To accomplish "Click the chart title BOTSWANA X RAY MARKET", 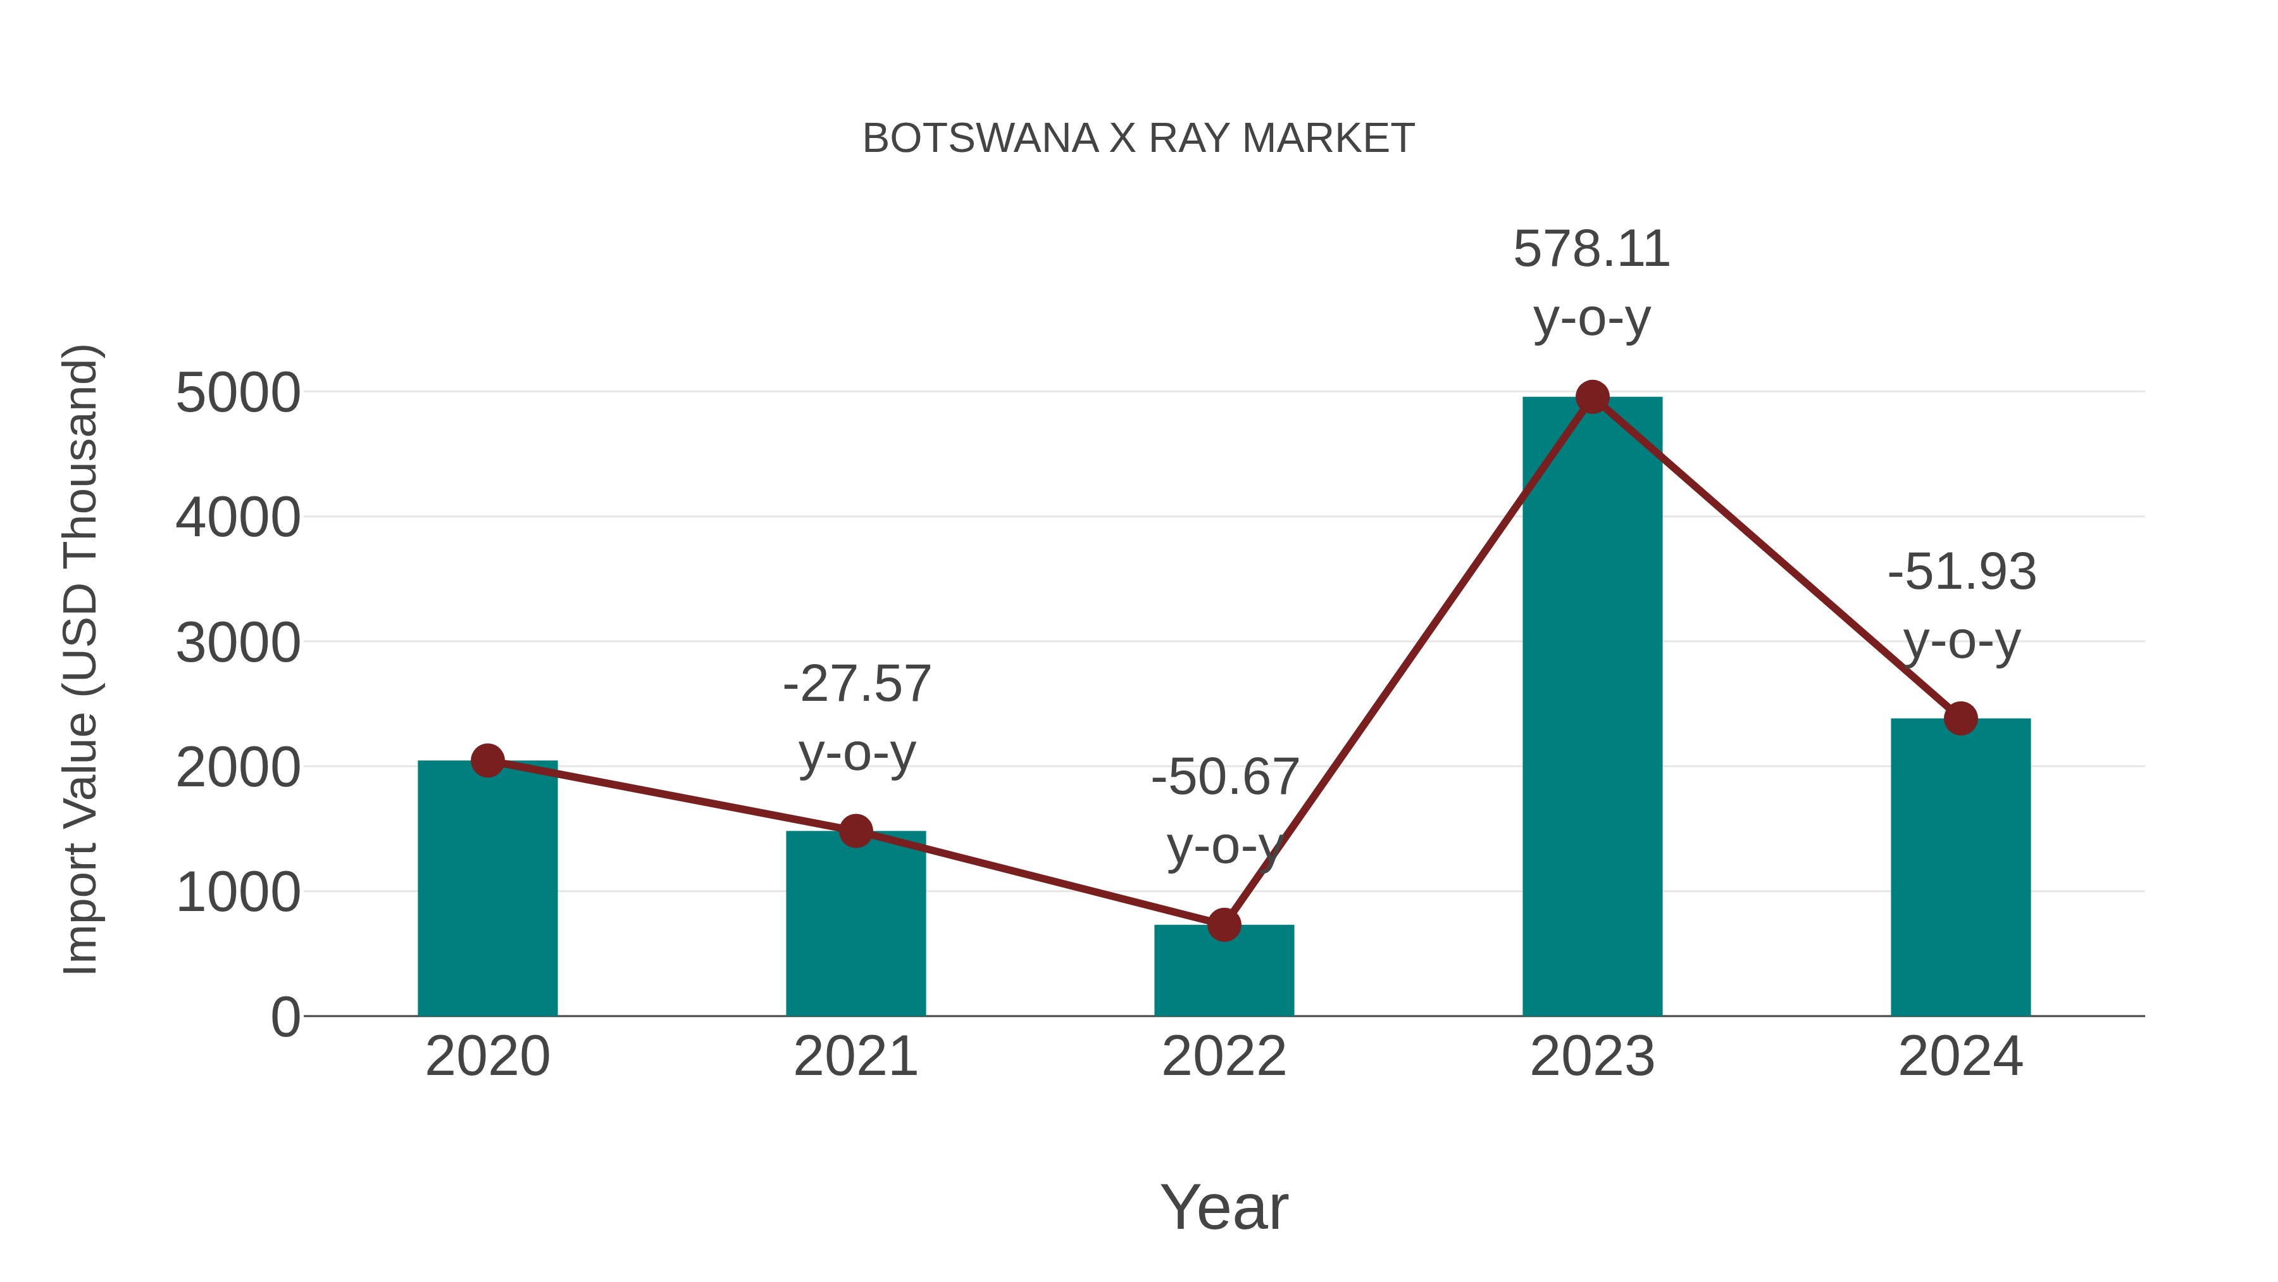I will click(1138, 139).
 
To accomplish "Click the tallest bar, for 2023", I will click(1592, 708).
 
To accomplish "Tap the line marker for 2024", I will click(1960, 719).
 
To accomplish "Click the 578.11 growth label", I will click(1592, 249).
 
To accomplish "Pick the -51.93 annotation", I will click(1962, 572).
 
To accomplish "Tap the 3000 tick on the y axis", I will click(238, 643).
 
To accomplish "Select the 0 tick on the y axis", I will click(285, 1017).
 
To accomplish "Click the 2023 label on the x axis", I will click(1592, 1057).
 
